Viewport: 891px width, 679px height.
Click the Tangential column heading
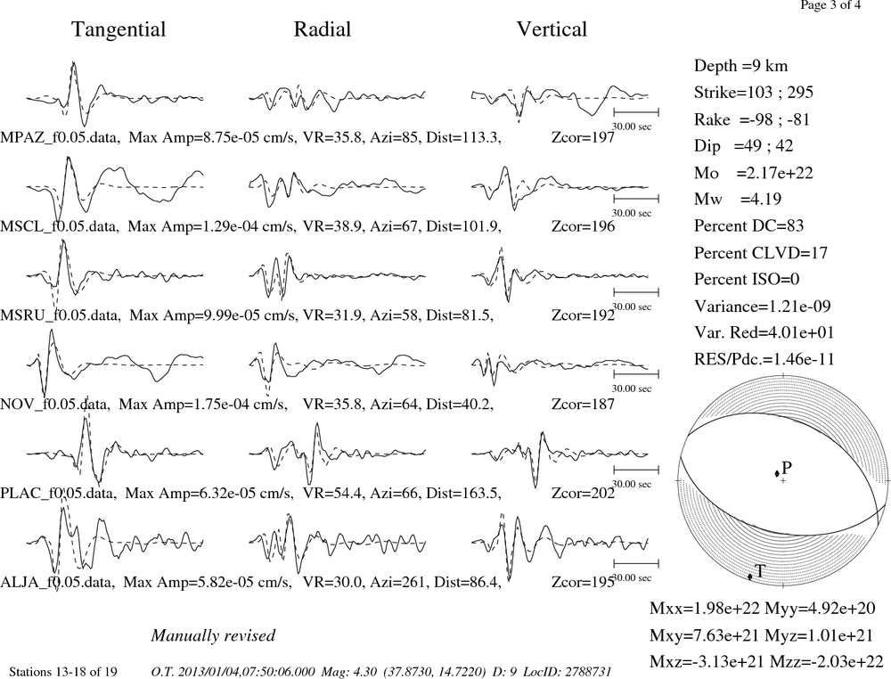pos(119,30)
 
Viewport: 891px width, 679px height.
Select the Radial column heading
pos(323,29)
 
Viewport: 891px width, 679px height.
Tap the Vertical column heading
pos(552,29)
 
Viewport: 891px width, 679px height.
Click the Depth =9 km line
pos(740,67)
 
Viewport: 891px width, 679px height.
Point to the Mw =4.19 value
pos(738,199)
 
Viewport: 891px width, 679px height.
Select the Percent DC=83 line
pos(748,226)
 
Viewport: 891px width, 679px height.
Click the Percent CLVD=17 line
pos(761,253)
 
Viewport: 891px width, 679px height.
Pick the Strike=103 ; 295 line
pos(754,92)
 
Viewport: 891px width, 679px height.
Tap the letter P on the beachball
pos(787,468)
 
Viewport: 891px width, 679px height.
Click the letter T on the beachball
pos(760,571)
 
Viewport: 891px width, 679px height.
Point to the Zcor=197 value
pos(583,137)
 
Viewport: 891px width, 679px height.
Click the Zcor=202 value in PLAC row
pos(583,493)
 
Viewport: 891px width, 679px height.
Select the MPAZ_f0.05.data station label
pos(61,137)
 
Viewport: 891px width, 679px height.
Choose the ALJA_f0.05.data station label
pos(58,583)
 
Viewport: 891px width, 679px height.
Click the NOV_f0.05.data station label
pos(54,405)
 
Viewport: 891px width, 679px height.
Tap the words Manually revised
pos(213,635)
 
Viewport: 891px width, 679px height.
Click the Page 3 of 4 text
pos(830,5)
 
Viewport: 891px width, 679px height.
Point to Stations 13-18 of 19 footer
pos(63,672)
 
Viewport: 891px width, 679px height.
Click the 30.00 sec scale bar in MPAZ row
pos(636,112)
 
